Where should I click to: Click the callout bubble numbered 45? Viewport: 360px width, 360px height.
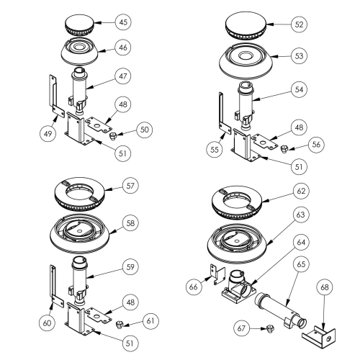(x=123, y=22)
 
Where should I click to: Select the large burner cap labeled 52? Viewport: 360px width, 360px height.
(x=246, y=26)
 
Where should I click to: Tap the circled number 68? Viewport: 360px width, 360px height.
(x=325, y=287)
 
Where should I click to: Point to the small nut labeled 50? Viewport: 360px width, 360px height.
(x=112, y=136)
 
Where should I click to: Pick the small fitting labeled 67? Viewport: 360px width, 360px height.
(x=271, y=328)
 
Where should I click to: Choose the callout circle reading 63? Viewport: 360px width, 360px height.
(x=301, y=215)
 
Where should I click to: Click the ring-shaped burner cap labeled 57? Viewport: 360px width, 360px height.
(x=80, y=194)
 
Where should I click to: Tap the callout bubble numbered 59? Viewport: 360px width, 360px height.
(x=130, y=266)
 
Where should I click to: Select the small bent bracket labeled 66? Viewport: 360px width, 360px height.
(x=217, y=274)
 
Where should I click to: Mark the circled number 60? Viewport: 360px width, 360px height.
(x=47, y=323)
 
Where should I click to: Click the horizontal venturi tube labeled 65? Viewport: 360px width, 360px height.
(x=280, y=310)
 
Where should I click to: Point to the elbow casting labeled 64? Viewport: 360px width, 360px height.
(x=238, y=287)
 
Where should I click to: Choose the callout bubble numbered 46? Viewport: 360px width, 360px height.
(x=123, y=48)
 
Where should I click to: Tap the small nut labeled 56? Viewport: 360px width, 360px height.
(x=284, y=149)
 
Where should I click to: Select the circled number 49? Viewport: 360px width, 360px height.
(x=48, y=133)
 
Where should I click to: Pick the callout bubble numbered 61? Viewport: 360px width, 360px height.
(x=150, y=321)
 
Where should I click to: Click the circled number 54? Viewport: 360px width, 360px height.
(x=299, y=89)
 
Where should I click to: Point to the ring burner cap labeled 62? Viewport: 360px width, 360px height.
(x=237, y=202)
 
